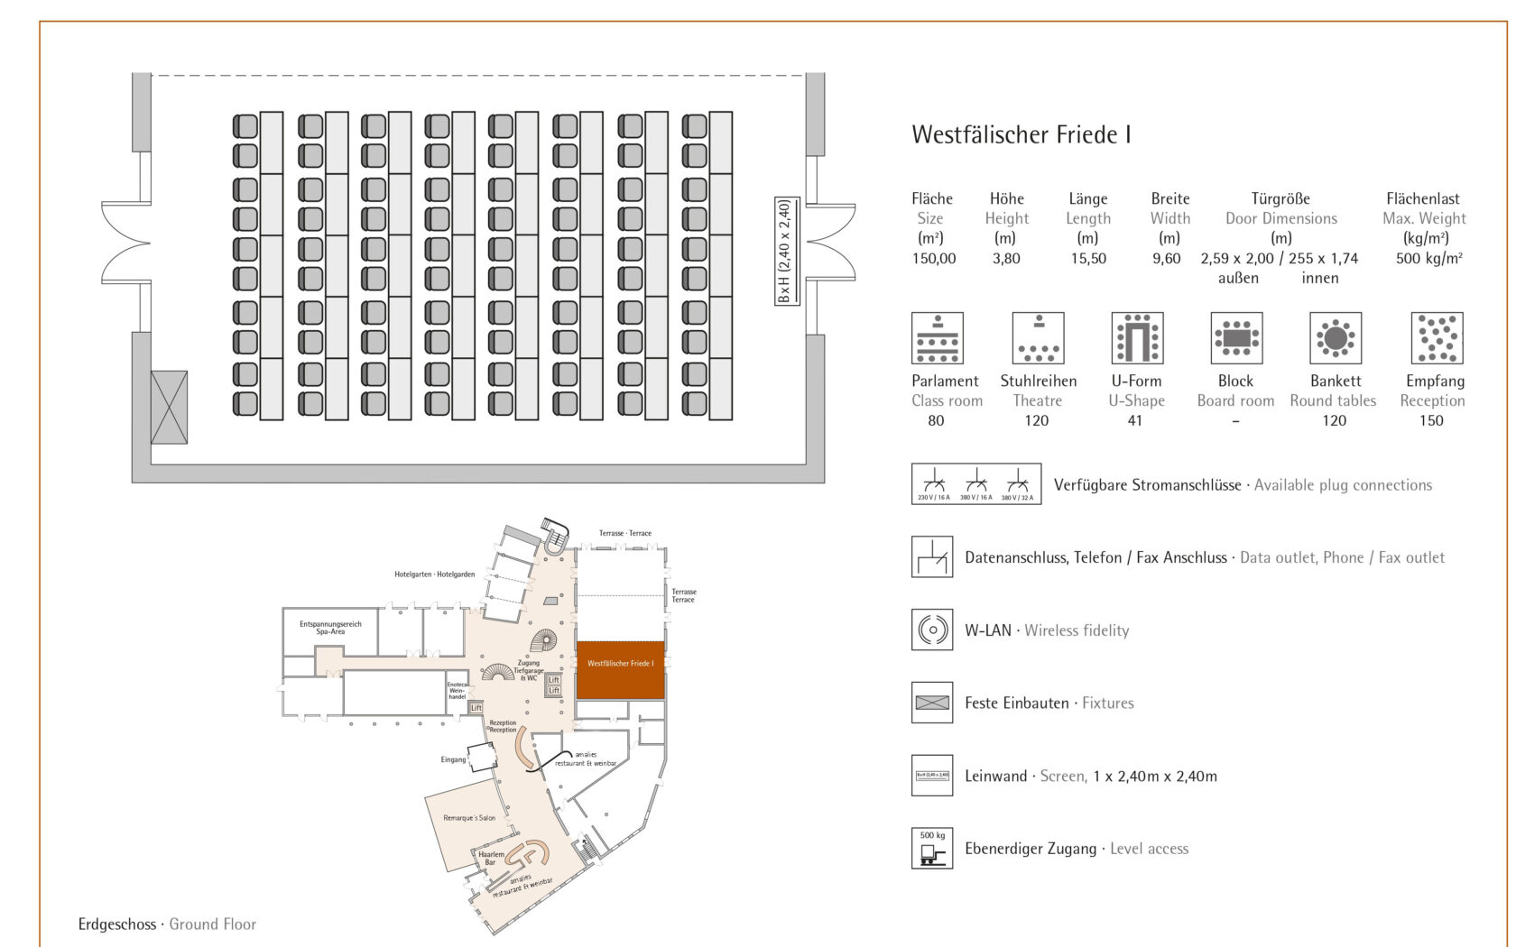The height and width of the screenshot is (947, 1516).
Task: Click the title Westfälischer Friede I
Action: [x=1021, y=135]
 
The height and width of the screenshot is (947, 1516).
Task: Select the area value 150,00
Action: [x=933, y=259]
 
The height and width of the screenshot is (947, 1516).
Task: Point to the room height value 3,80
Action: [x=1006, y=259]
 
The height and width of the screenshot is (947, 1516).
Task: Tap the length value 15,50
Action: [x=1088, y=259]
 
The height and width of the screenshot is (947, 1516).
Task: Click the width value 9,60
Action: [x=1166, y=259]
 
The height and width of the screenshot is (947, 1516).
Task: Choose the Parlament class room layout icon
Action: [x=937, y=338]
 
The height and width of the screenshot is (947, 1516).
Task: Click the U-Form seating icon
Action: [x=1137, y=338]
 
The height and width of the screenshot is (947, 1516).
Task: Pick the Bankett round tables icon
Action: [x=1336, y=338]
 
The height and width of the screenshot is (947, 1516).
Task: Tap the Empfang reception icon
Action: [x=1437, y=338]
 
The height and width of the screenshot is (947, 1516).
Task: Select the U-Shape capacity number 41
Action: [x=1135, y=421]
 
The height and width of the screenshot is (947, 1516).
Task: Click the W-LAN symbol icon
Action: [x=932, y=630]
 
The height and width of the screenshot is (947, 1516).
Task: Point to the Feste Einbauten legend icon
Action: [x=932, y=703]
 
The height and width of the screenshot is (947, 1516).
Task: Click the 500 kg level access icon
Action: [x=932, y=848]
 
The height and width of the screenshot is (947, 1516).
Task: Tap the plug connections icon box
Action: [x=976, y=484]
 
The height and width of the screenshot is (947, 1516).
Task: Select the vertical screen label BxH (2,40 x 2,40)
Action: [x=786, y=251]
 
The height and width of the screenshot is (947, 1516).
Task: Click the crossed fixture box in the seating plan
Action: [x=169, y=407]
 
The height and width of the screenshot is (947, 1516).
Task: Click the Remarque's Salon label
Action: [x=469, y=818]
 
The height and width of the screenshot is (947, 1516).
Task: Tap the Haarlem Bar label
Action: [x=491, y=858]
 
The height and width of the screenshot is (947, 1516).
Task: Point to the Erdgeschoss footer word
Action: [x=116, y=924]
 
